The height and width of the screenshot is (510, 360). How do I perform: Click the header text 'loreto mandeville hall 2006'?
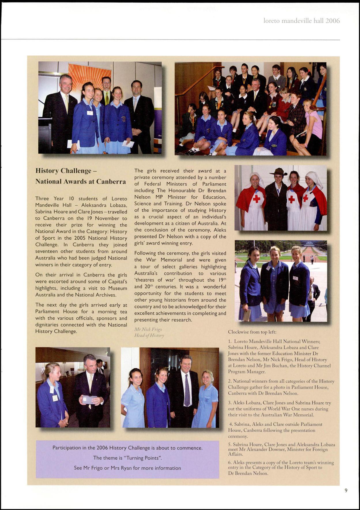[x=302, y=21]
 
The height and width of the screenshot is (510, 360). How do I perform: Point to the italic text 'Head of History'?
[x=149, y=335]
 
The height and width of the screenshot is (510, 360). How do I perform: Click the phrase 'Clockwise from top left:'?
[x=252, y=332]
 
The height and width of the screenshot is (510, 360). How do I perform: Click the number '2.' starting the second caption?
[x=230, y=381]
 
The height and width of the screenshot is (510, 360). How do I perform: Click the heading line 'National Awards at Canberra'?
[x=80, y=181]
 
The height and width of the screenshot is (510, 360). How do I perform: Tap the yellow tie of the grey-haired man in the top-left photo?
[x=67, y=103]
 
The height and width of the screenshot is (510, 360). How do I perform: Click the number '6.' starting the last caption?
[x=230, y=462]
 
